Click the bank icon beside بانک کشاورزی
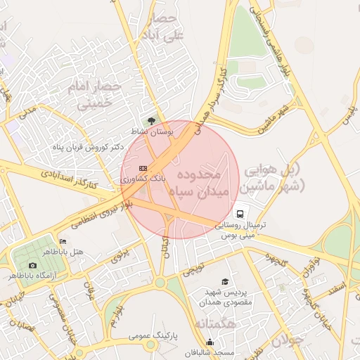tap(143, 169)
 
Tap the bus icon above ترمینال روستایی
tap(240, 214)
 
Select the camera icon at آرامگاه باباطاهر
tap(32, 265)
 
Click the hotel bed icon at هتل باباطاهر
tap(63, 242)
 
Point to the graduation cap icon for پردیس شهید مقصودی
tap(224, 281)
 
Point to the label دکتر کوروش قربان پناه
tap(88, 147)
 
